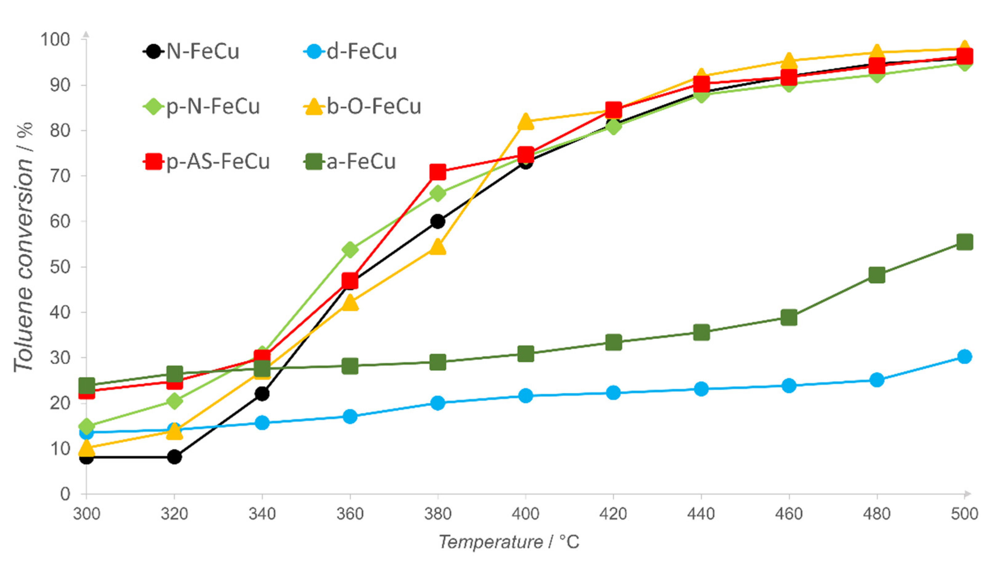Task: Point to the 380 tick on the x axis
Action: (x=437, y=514)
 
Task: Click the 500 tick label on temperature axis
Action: (x=964, y=514)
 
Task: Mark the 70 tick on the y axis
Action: (x=60, y=176)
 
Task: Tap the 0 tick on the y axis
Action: (x=65, y=494)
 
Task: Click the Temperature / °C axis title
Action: (x=509, y=542)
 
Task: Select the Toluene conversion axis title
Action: (x=24, y=248)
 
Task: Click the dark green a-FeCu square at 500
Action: (x=964, y=242)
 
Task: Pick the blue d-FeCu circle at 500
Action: (x=964, y=356)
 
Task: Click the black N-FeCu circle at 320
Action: (x=174, y=457)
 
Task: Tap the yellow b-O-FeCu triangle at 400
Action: (x=526, y=122)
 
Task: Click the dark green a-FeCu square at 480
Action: (x=877, y=275)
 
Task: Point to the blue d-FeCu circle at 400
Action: (x=526, y=395)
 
